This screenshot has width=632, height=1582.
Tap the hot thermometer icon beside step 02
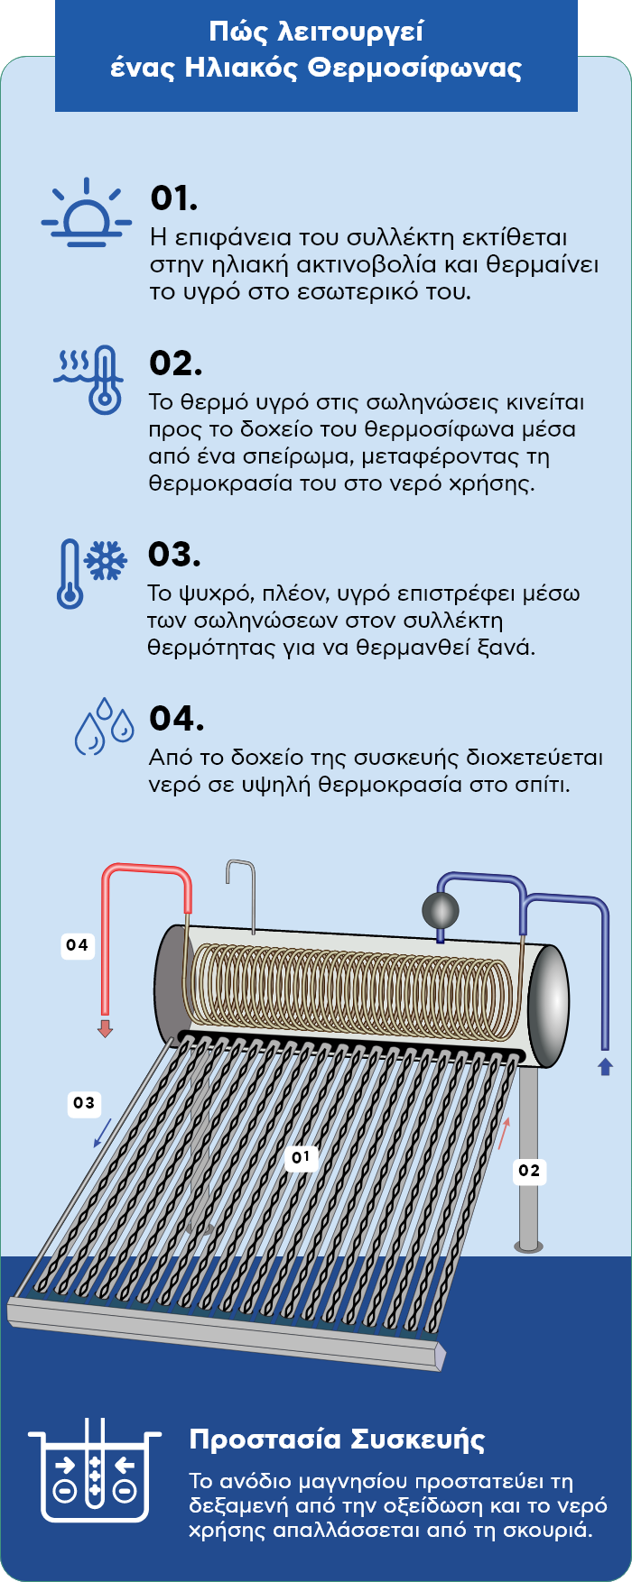point(90,379)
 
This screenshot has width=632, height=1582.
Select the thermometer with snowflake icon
point(90,574)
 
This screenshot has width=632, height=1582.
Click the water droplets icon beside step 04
point(103,725)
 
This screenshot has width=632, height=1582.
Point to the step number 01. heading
point(174,198)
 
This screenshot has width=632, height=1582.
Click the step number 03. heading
point(174,555)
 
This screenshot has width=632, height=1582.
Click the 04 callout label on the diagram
point(78,945)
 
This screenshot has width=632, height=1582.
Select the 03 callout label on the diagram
point(84,1102)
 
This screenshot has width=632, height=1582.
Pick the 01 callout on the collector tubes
point(301,1157)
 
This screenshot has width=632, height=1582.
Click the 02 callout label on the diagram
point(529,1171)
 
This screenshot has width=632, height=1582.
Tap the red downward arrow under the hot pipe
point(106,1027)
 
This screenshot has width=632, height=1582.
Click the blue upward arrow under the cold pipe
point(605,1066)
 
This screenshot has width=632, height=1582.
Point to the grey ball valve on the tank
point(441,911)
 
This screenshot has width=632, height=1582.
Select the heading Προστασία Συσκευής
point(337,1439)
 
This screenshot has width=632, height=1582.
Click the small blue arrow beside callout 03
point(103,1133)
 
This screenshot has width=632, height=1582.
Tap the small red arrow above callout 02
point(504,1133)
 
